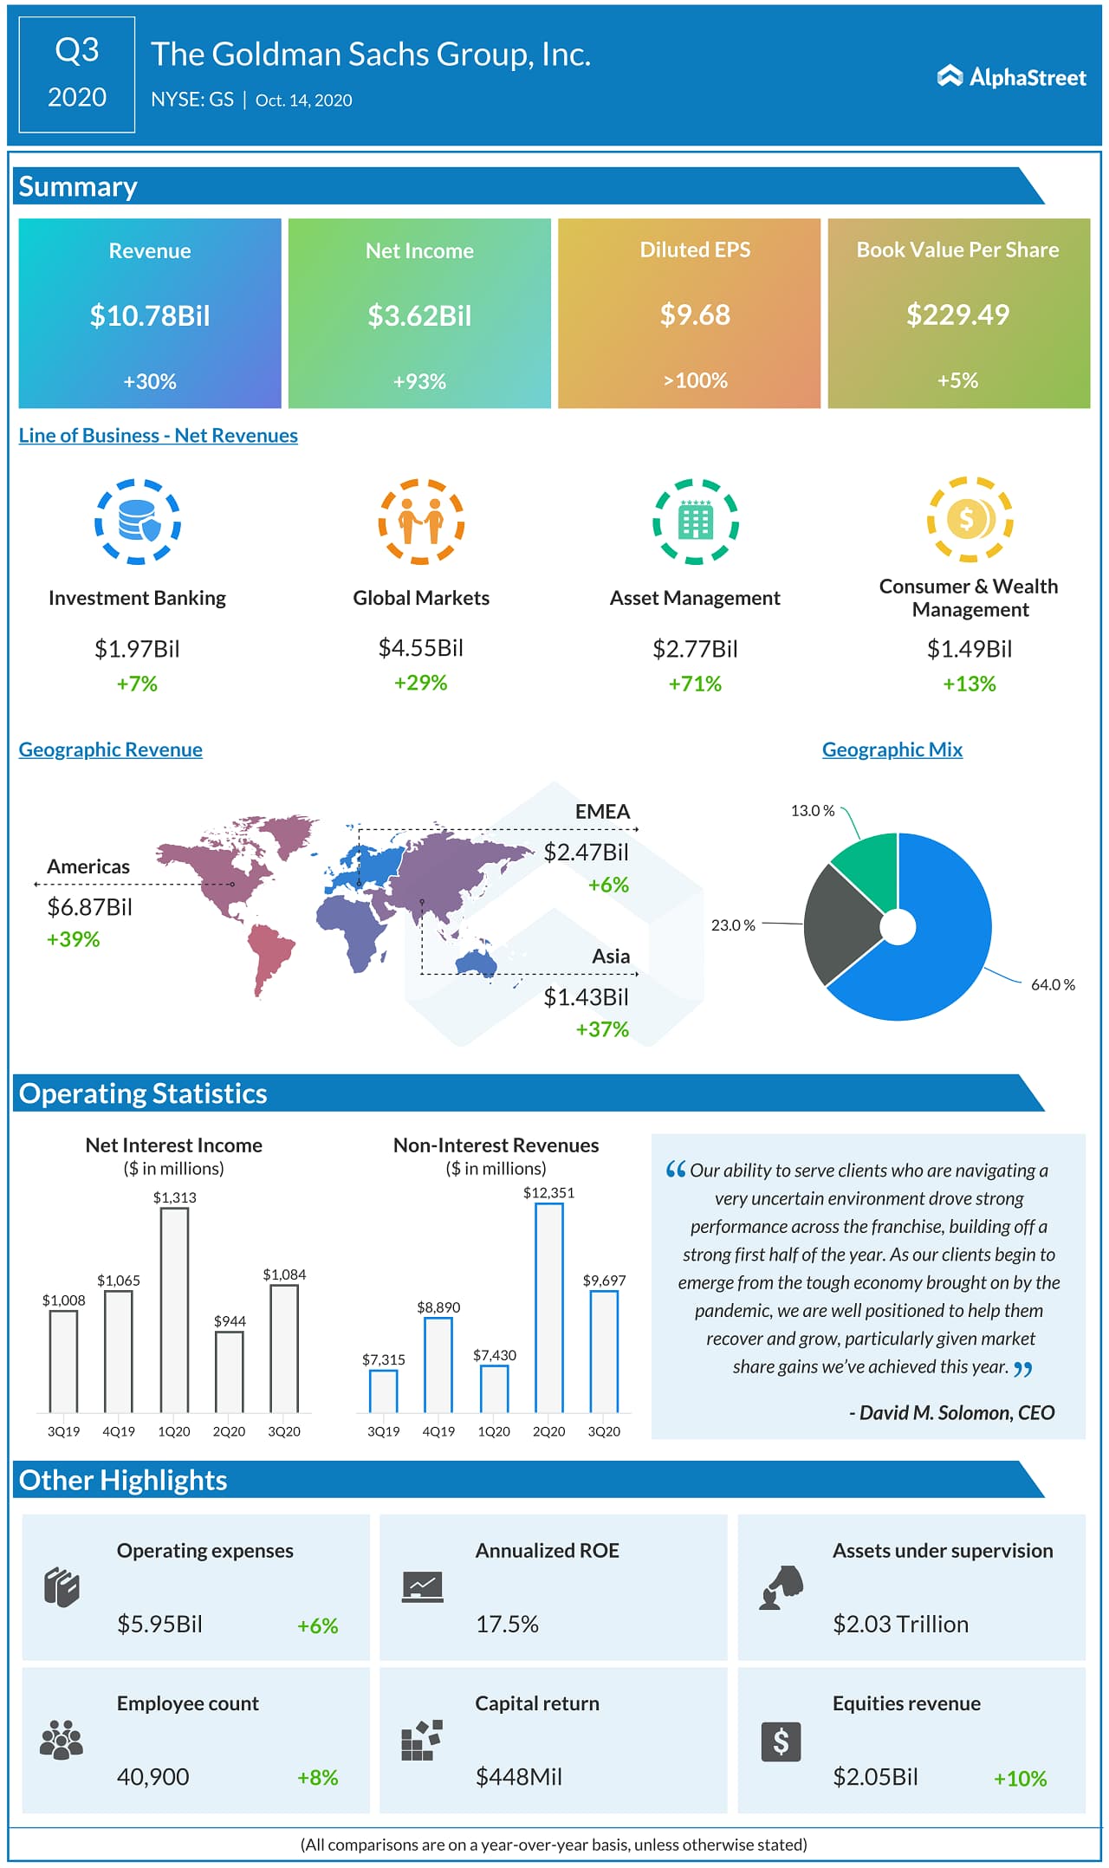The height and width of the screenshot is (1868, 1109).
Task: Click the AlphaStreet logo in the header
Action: point(1011,77)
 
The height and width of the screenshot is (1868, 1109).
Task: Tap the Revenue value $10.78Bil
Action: point(150,316)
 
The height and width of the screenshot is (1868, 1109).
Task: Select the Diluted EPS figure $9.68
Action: point(695,315)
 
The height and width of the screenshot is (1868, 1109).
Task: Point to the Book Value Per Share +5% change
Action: point(957,380)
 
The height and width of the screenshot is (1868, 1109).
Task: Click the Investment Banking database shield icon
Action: point(138,522)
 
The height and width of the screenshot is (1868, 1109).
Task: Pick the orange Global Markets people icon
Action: point(421,522)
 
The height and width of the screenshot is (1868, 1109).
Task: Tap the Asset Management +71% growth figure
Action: point(695,684)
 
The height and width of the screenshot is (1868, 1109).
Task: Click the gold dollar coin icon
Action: point(970,520)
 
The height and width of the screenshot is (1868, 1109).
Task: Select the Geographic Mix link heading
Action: point(892,749)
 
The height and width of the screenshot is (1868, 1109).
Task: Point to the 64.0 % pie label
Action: point(1052,984)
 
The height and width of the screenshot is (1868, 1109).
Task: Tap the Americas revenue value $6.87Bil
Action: point(89,907)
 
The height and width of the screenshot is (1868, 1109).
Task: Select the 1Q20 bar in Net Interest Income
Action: point(174,1309)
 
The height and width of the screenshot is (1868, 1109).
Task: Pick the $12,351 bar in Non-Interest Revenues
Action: point(548,1307)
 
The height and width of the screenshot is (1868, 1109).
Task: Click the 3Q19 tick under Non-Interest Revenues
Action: point(383,1431)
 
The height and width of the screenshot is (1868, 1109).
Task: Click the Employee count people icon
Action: point(62,1740)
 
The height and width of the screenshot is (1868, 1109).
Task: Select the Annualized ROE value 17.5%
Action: point(507,1624)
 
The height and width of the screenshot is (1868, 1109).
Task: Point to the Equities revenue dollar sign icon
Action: point(781,1741)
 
